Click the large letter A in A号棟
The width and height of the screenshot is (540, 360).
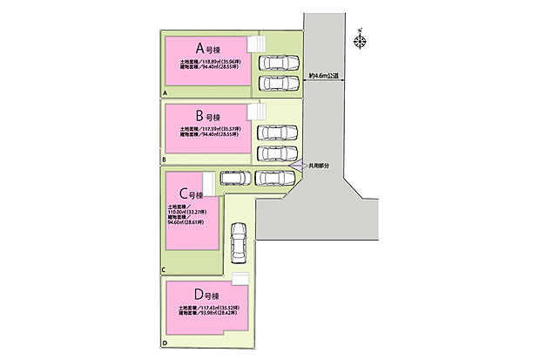pyautogui.click(x=199, y=47)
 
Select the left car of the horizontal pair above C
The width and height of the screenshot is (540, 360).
pyautogui.click(x=234, y=179)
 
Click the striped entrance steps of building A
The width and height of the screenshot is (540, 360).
pyautogui.click(x=256, y=44)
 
